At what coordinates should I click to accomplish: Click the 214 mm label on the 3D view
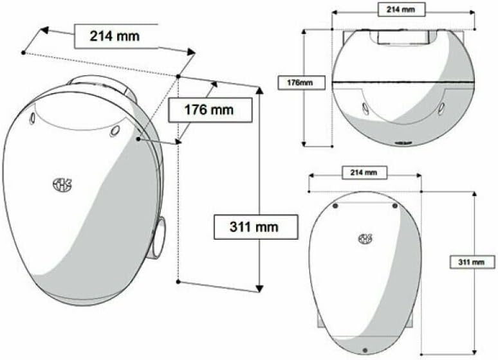tap(115, 36)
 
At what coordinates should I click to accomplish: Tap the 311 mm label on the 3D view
tap(256, 227)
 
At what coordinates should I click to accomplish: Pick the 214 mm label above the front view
tap(364, 172)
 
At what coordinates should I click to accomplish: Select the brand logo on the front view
tap(365, 240)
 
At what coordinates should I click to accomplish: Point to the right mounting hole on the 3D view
tap(115, 131)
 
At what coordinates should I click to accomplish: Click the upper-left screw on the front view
tap(336, 206)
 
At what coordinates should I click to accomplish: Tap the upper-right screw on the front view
tap(395, 206)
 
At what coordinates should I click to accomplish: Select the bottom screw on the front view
tap(365, 350)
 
